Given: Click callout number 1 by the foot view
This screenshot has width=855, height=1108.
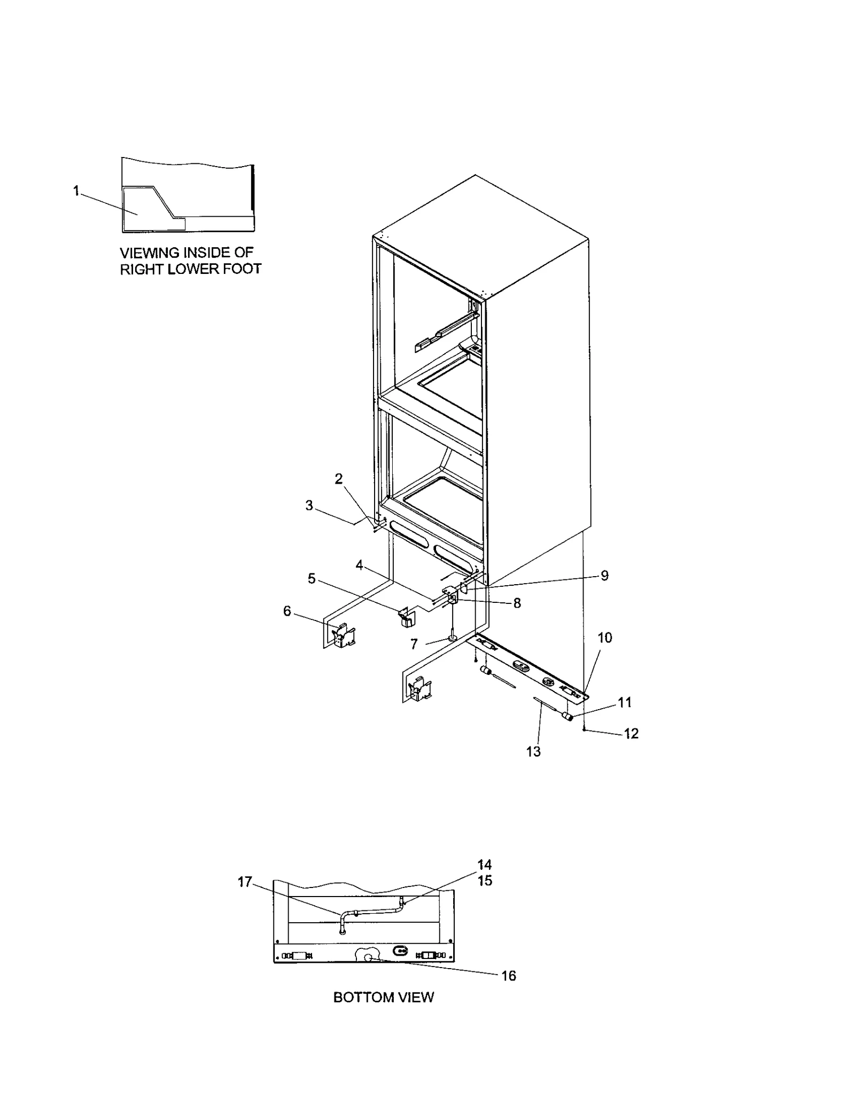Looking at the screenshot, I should [x=76, y=191].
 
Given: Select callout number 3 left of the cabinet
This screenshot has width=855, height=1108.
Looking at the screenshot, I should [x=309, y=505].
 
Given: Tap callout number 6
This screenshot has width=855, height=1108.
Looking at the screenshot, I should [x=287, y=611].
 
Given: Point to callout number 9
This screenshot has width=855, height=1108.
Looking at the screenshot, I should [x=604, y=575].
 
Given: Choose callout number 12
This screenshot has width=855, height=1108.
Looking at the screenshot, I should [x=631, y=733].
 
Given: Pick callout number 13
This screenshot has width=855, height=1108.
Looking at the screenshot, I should [x=533, y=751].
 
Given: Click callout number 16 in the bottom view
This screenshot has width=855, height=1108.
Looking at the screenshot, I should [x=508, y=976].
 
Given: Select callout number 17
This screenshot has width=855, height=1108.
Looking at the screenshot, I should [x=245, y=882].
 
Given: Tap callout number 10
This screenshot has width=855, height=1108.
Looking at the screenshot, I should [x=604, y=637].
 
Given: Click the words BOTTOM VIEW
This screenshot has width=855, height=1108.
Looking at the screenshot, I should [x=383, y=997].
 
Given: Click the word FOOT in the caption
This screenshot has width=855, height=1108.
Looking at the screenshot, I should [x=242, y=269].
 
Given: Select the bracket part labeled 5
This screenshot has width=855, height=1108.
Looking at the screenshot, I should [x=407, y=616].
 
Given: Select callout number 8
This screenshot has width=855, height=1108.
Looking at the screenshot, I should [x=517, y=602].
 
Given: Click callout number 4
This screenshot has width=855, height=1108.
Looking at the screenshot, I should [x=359, y=565].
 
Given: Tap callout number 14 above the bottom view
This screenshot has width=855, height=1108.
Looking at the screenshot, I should [x=484, y=865].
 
